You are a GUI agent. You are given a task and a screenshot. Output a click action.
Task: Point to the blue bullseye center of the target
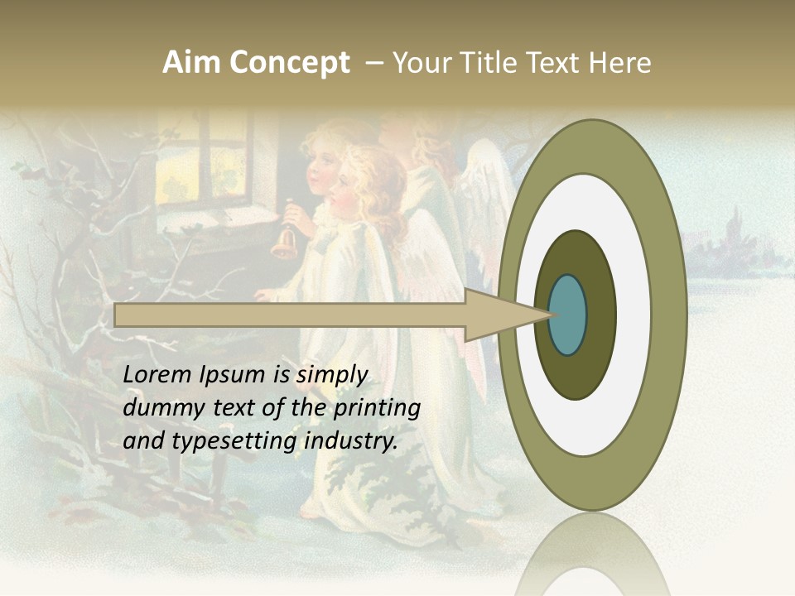[x=568, y=315]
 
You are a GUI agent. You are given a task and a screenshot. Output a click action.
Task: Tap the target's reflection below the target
[x=593, y=555]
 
